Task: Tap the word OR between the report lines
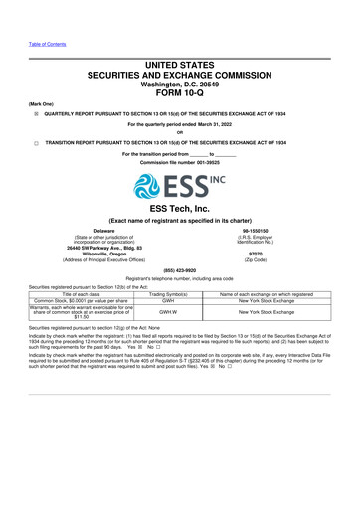coord(180,133)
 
